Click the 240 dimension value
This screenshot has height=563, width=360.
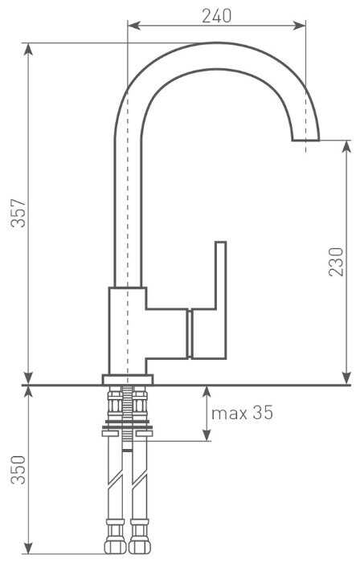(217, 16)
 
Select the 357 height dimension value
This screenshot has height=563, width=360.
(18, 213)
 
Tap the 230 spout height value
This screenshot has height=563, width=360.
(336, 262)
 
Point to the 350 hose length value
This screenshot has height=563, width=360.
(18, 470)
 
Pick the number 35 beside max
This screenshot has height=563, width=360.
(263, 413)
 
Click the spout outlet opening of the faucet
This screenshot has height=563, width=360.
(305, 140)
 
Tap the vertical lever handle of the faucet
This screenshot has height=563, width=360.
(221, 300)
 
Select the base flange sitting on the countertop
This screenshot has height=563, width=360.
(128, 380)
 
